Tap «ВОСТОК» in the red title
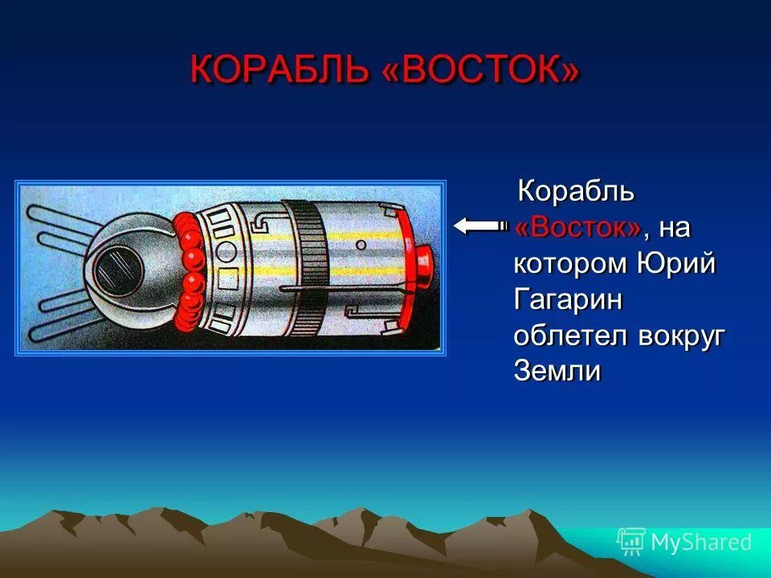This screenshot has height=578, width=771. coord(480,70)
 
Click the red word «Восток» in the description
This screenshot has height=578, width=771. coord(578,228)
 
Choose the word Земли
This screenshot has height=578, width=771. coord(557,372)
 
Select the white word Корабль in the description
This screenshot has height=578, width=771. coord(577,192)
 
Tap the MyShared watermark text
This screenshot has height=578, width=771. coord(701,542)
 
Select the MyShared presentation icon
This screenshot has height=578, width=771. coord(630,542)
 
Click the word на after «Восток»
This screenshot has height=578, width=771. coord(675,228)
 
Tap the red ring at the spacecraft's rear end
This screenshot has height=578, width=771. coord(406,265)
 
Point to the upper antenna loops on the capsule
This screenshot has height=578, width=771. coord(60,221)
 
